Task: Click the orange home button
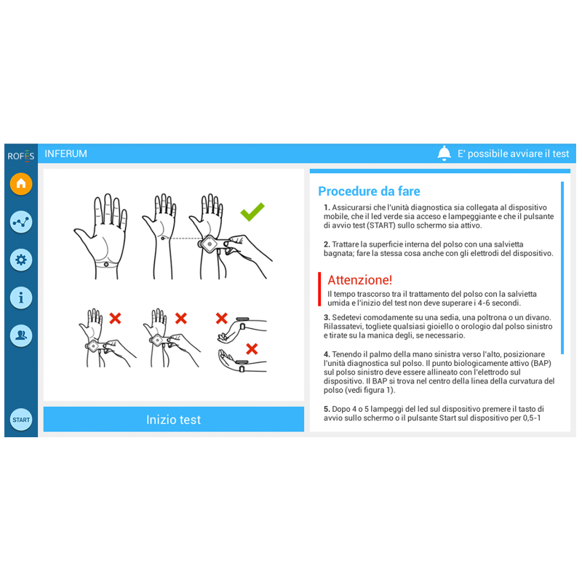pos(21,184)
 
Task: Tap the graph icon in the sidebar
pos(21,222)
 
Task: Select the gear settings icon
pos(21,260)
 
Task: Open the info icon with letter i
pos(21,298)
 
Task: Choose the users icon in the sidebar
pos(21,335)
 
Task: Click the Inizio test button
pos(174,420)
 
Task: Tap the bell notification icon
pos(444,154)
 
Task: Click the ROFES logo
pos(21,156)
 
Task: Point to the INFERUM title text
pos(65,154)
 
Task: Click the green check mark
pos(252,212)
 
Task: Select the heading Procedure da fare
pos(369,191)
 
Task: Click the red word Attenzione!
pos(359,280)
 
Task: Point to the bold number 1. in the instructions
pos(327,207)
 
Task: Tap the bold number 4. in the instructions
pos(327,354)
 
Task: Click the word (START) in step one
pos(381,226)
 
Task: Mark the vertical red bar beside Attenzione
pos(319,289)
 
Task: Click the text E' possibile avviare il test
pos(513,154)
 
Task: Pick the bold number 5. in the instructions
pos(327,409)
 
